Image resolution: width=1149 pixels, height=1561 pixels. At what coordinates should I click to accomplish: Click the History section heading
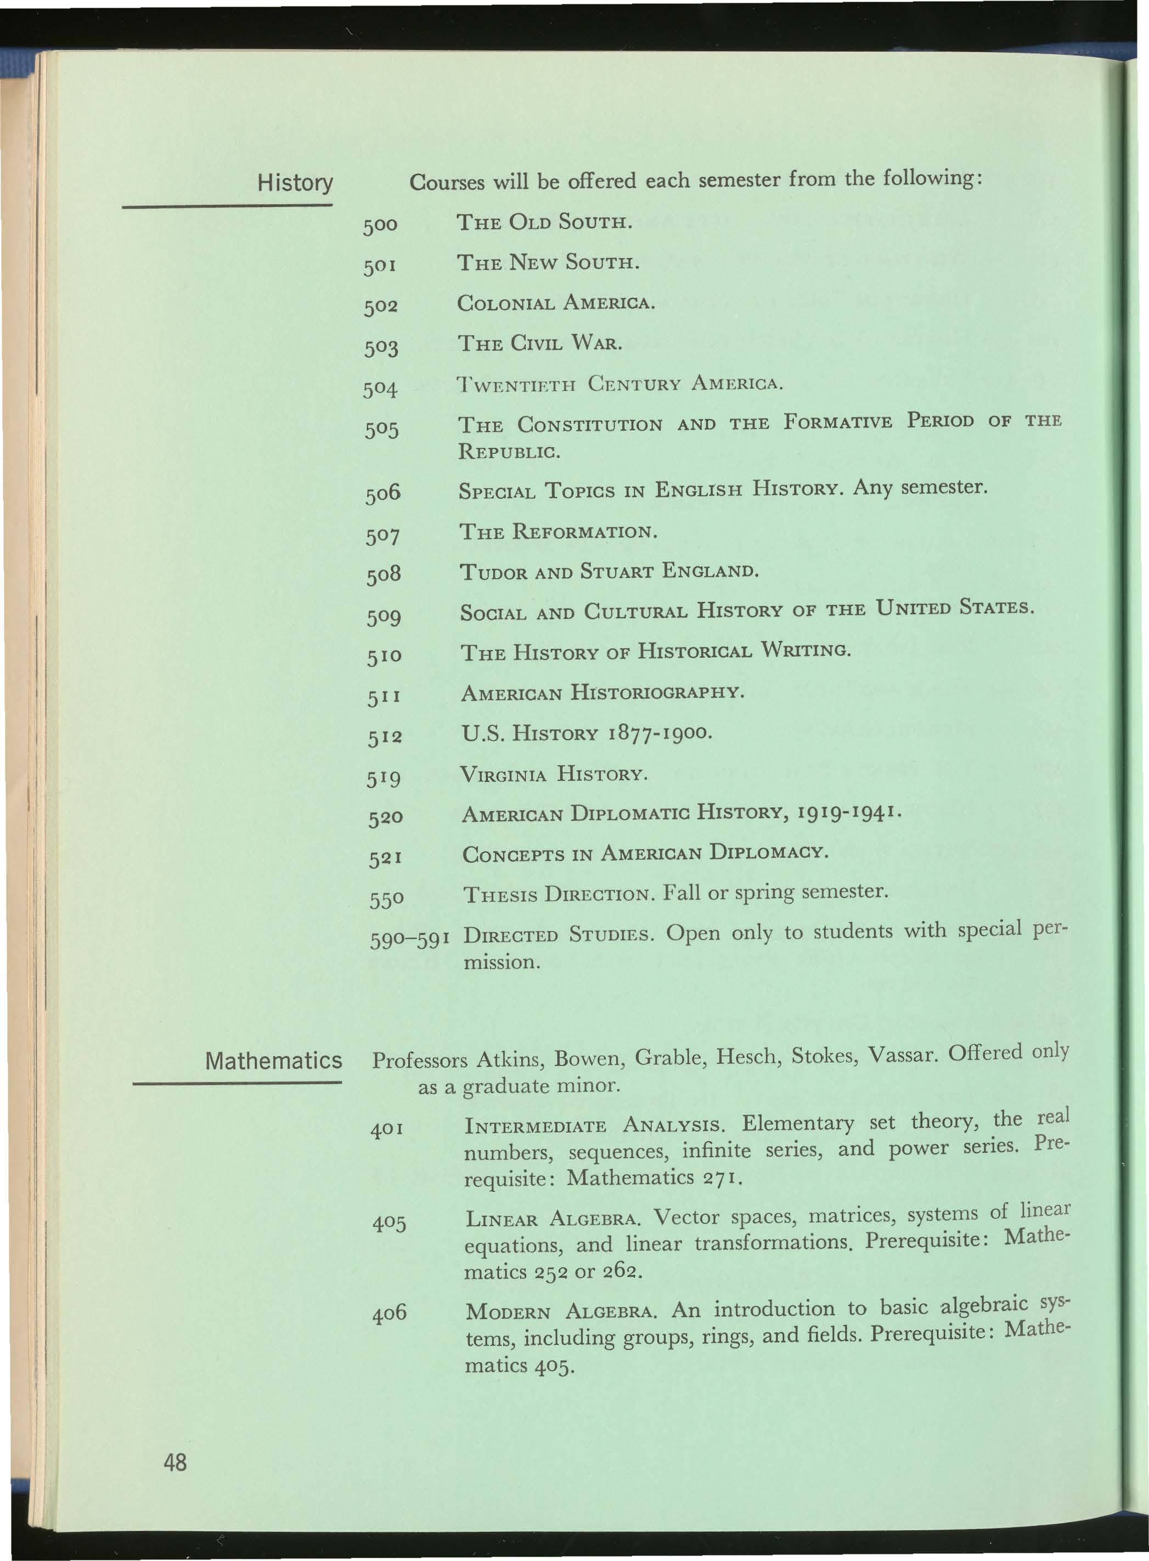[x=295, y=183]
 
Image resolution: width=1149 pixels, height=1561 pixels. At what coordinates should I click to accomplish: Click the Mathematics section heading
[x=273, y=1061]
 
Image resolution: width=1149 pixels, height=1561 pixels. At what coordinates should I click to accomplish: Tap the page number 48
[x=175, y=1462]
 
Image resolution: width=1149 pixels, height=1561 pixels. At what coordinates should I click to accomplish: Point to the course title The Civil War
[x=539, y=343]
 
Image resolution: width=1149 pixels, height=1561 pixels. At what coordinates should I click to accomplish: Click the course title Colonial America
[x=556, y=303]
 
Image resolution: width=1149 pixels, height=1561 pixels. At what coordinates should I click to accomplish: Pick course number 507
[x=383, y=536]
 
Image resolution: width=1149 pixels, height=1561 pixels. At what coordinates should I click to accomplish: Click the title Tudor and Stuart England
[x=609, y=572]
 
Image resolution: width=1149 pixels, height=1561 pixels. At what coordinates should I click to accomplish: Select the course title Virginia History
[x=554, y=774]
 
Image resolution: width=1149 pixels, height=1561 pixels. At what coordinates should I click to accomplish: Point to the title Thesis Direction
[x=559, y=893]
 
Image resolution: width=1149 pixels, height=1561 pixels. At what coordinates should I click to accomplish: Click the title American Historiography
[x=602, y=692]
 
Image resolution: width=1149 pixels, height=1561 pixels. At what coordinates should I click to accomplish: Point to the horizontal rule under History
[x=227, y=206]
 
